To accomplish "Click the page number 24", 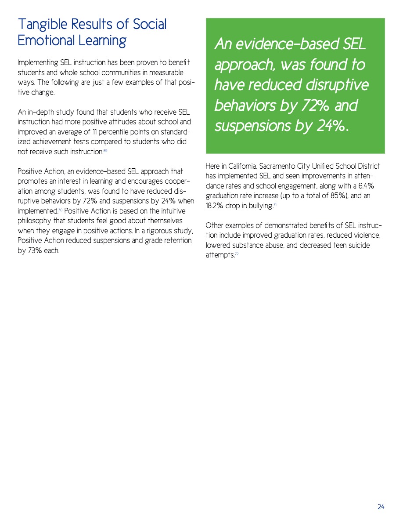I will coord(381,507).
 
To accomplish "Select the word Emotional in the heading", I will coord(46,40).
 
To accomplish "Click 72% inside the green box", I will coord(324,106).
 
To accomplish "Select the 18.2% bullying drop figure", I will coord(216,206).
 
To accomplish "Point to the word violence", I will coord(365,236).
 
